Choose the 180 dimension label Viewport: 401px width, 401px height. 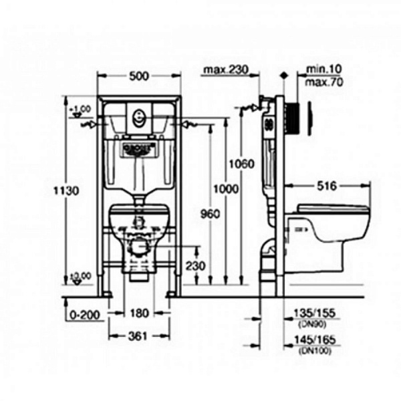(138, 313)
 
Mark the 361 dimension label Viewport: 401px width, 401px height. (138, 336)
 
